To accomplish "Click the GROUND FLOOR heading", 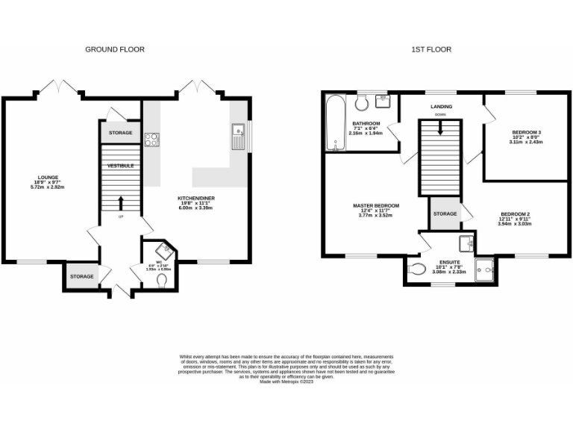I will [114, 49].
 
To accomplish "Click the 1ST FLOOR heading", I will [430, 49].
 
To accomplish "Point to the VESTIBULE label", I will [119, 165].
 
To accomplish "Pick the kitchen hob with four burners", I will [152, 140].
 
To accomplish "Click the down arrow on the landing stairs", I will [439, 127].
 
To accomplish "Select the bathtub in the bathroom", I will [333, 122].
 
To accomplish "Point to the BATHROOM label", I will [366, 123].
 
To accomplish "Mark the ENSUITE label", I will [449, 262].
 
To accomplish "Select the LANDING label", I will [441, 107].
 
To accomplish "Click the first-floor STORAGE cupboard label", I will [445, 214].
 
